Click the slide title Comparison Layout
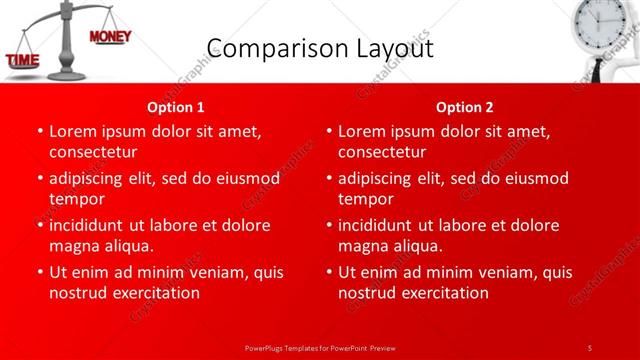(x=319, y=48)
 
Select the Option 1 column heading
(x=176, y=106)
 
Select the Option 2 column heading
(x=465, y=106)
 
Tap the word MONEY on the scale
(x=110, y=37)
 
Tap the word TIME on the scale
(x=23, y=61)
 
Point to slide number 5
(x=589, y=347)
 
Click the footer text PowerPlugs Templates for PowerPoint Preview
(x=319, y=347)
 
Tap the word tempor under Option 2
(x=366, y=199)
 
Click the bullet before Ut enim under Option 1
(x=39, y=272)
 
